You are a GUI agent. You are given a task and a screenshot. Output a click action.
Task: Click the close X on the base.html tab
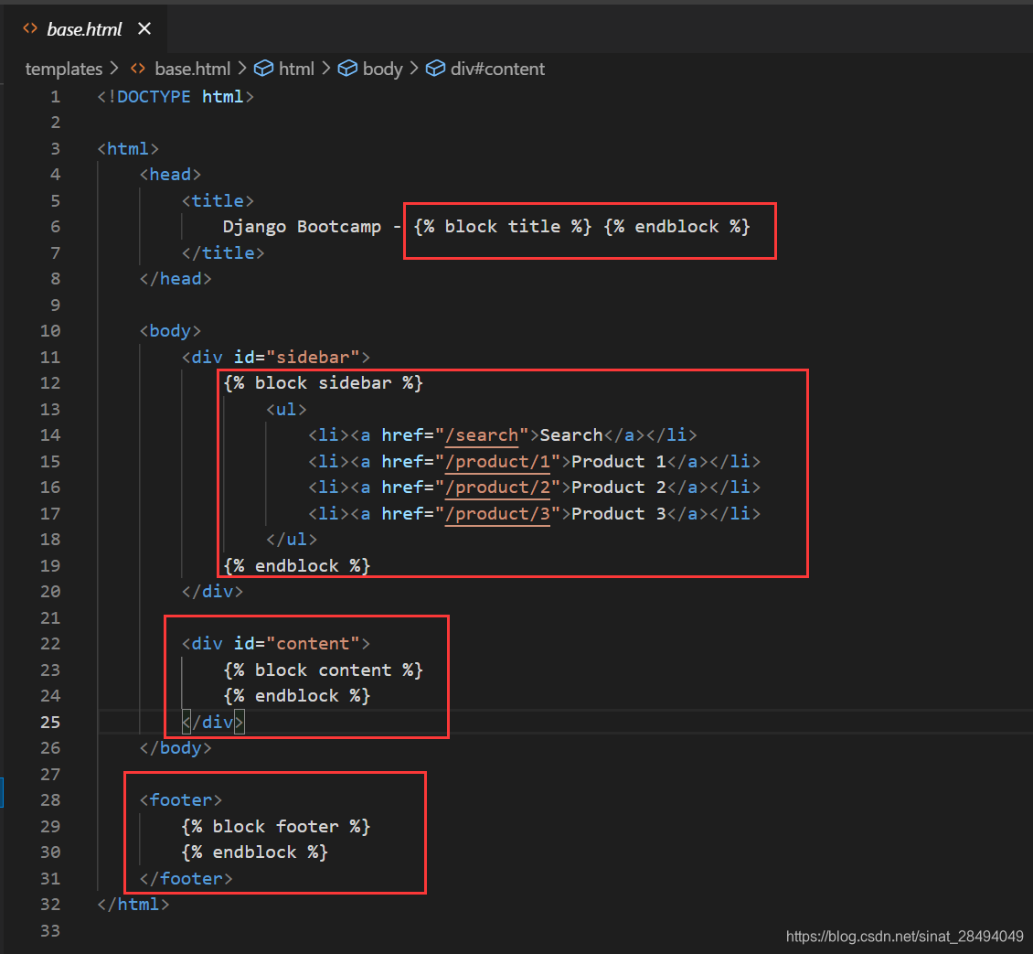coord(144,29)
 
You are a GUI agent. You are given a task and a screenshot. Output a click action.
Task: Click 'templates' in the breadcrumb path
coord(63,69)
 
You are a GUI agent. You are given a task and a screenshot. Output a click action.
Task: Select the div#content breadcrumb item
coord(496,69)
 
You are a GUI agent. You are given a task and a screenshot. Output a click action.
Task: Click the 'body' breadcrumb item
coord(382,69)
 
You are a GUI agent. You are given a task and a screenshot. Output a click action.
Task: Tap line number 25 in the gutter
coord(50,722)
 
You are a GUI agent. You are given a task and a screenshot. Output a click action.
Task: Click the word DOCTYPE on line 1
coord(154,96)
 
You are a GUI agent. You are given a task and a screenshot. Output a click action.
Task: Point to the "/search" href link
coord(483,434)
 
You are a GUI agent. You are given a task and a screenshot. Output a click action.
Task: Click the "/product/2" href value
coord(498,487)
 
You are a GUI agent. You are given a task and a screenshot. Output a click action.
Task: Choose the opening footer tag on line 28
coord(180,799)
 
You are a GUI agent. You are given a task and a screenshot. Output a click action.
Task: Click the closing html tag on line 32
coord(133,904)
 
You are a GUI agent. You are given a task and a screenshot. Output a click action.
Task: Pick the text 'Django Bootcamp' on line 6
coord(302,226)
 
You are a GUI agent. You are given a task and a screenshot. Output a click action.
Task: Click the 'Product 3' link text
coord(619,513)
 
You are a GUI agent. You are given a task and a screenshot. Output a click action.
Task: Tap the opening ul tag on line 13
coord(286,409)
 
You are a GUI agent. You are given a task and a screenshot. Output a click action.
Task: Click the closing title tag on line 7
coord(223,252)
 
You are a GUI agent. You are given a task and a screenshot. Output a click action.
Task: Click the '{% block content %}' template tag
coord(323,670)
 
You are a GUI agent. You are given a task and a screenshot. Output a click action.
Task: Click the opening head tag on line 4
coord(170,174)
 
